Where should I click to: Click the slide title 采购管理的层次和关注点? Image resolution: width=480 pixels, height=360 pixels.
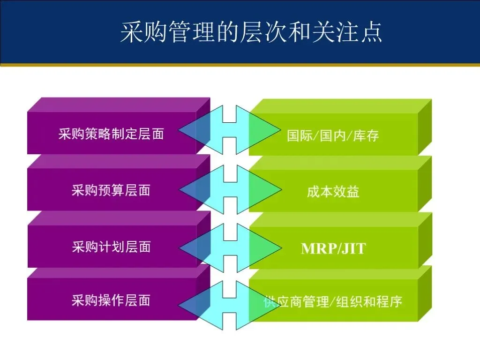251,32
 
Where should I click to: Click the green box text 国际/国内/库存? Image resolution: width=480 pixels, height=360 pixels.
333,136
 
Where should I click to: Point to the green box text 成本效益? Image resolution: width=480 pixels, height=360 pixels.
333,192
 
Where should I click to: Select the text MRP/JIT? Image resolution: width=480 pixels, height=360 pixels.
333,248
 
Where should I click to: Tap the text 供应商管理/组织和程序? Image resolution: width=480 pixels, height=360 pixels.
333,301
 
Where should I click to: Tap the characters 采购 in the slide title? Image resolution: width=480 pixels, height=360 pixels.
144,32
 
